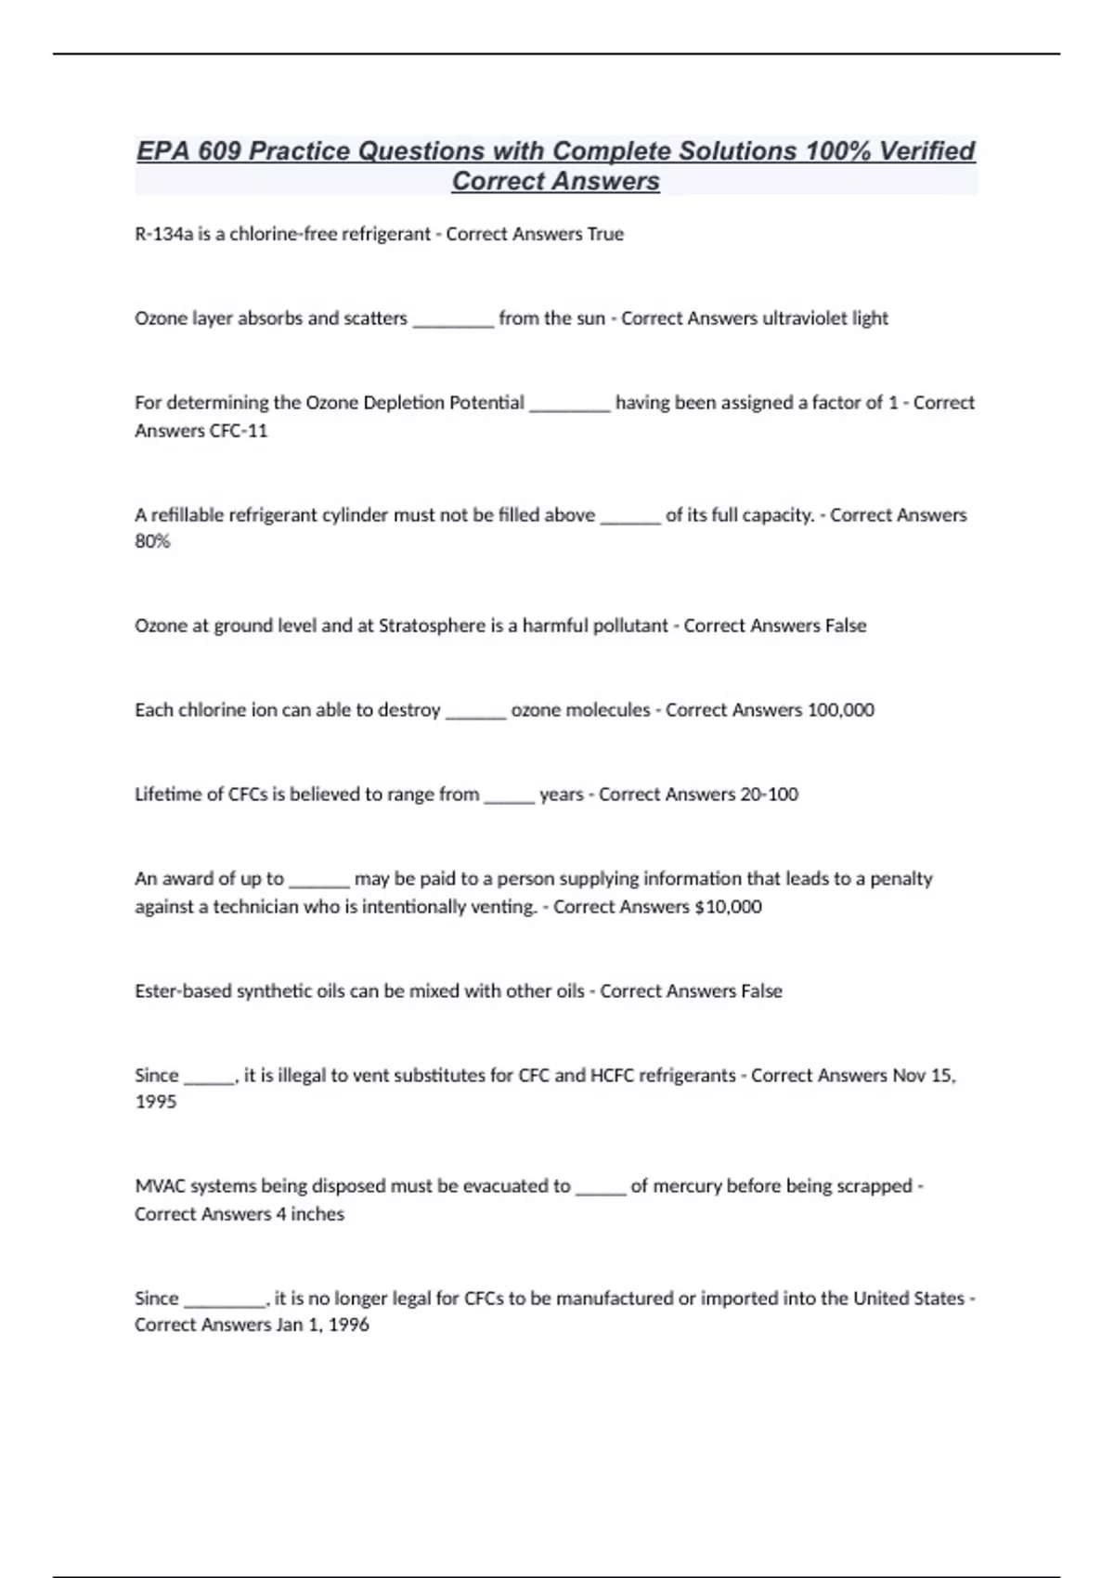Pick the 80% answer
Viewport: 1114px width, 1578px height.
tap(152, 541)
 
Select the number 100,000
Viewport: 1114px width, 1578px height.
tap(840, 710)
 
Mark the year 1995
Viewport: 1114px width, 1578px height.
tap(155, 1102)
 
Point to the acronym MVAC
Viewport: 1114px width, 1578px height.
tap(161, 1186)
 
